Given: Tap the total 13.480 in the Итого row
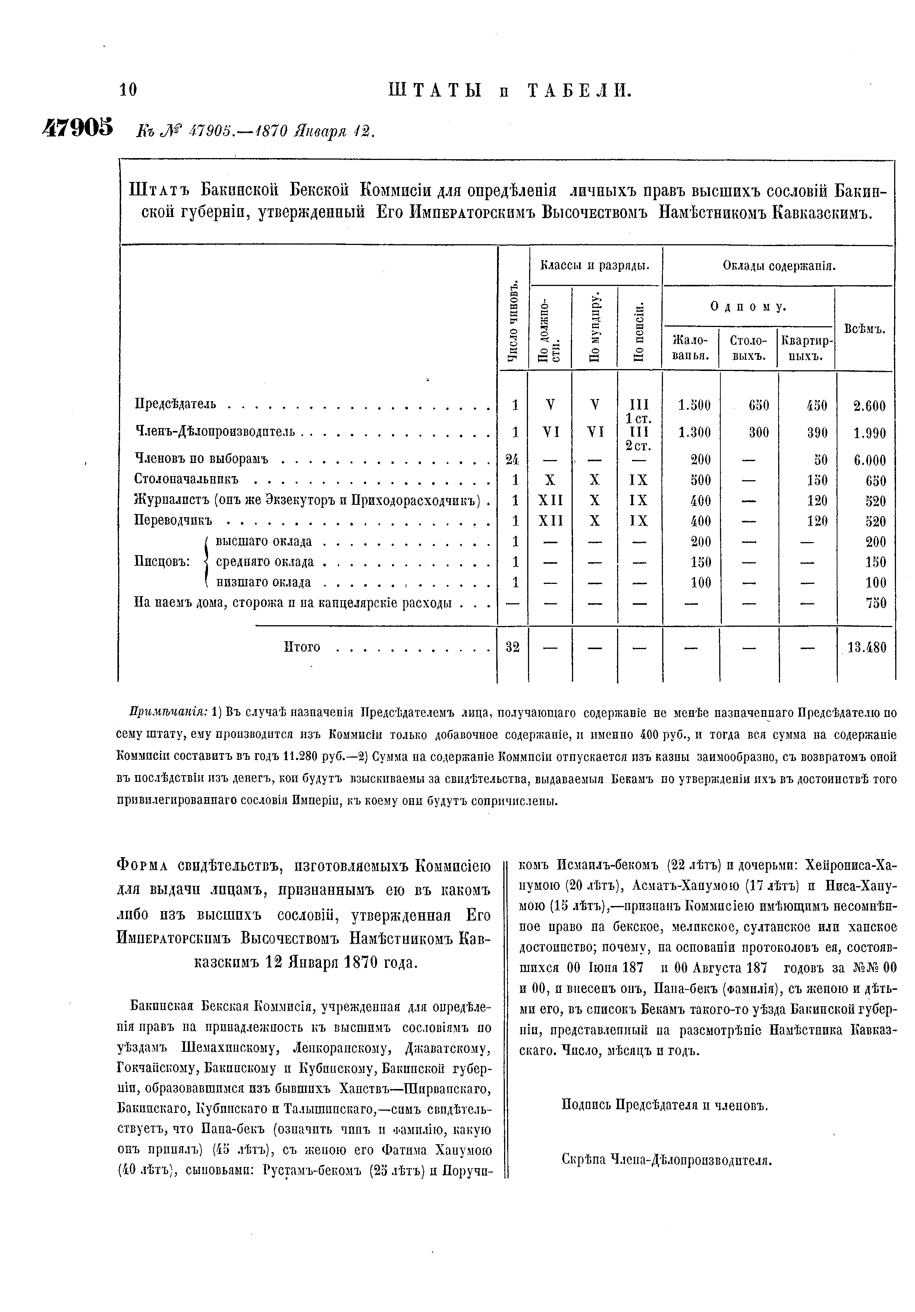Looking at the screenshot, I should tap(867, 648).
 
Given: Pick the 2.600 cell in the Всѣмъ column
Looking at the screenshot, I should tap(869, 406).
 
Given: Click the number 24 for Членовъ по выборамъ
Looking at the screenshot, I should tap(513, 459).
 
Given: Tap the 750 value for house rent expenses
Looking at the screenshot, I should tap(875, 603).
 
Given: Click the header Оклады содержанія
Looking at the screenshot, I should tap(779, 266).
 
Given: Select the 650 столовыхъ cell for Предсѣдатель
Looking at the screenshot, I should tap(758, 406).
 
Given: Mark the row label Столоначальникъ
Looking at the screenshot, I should tap(186, 478).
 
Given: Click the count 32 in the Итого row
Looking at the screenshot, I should tap(513, 648).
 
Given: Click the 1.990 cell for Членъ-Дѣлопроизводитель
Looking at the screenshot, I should tap(869, 434).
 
